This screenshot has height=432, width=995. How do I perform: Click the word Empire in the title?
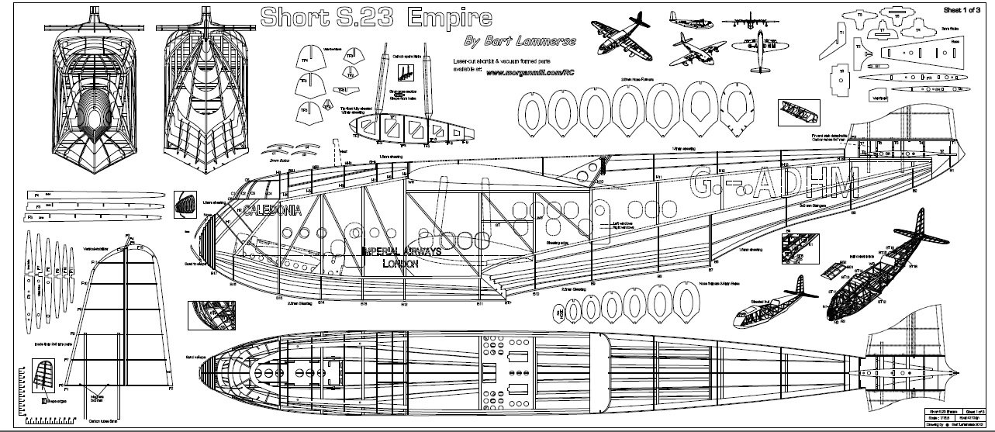pos(449,16)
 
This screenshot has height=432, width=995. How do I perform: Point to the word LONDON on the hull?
pos(401,264)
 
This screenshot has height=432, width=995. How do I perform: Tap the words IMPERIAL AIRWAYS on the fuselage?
pos(401,251)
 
